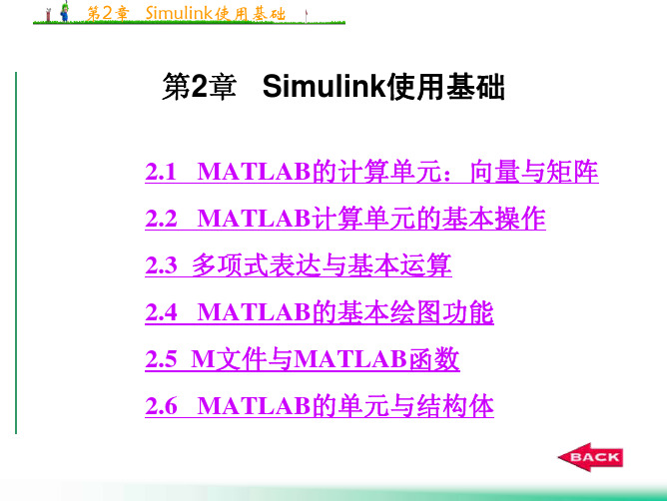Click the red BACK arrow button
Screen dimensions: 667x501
tap(590, 457)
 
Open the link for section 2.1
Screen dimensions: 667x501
tap(371, 172)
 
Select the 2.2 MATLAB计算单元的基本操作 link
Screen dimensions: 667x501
tap(345, 219)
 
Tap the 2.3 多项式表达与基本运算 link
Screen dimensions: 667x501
tap(299, 265)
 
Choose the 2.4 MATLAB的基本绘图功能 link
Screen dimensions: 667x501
tap(320, 312)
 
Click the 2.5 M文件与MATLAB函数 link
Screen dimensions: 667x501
tap(303, 359)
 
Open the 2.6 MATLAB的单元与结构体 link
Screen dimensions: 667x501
tap(320, 406)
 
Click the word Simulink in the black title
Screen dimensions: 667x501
tap(324, 87)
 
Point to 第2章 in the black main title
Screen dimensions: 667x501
tap(199, 87)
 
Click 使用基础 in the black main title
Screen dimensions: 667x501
tap(445, 87)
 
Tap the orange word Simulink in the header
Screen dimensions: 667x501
tap(179, 13)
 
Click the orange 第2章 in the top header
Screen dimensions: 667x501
tap(108, 13)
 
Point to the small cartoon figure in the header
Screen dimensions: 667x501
tap(65, 12)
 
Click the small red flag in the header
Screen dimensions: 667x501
tap(306, 15)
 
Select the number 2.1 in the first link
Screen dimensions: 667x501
tap(161, 172)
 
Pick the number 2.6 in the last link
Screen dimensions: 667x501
tap(161, 406)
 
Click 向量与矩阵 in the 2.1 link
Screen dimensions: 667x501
tap(534, 172)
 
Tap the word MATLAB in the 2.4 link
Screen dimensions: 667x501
tap(254, 312)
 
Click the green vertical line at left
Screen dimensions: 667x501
tap(16, 252)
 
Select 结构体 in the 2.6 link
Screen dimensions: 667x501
tap(455, 406)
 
